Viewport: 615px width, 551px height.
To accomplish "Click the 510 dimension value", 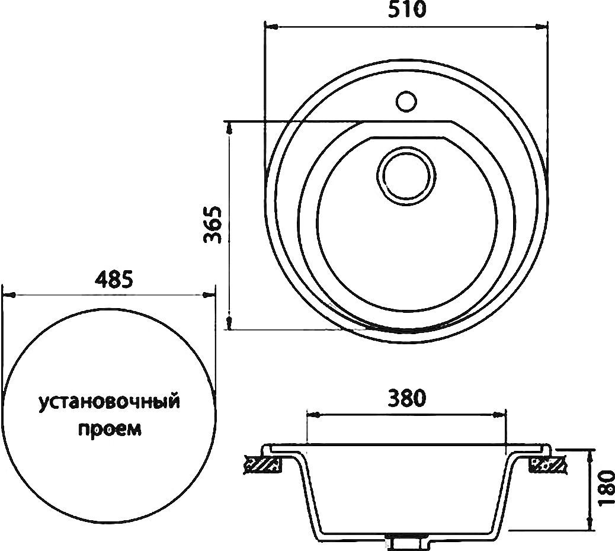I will pos(407,11).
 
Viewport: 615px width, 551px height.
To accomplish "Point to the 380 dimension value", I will pos(406,398).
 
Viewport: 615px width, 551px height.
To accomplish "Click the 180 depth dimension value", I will pos(605,489).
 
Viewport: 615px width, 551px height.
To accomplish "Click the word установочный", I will pos(109,403).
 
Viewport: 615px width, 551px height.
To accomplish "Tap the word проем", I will pos(110,428).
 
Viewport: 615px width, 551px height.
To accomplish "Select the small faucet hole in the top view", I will pos(406,101).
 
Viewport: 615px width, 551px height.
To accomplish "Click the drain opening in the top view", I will pos(406,175).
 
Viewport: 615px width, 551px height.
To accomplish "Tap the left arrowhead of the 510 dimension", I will pos(270,26).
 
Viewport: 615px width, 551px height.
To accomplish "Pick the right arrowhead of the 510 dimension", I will pos(542,26).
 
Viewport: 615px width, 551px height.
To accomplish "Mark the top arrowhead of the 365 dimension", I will pos(229,127).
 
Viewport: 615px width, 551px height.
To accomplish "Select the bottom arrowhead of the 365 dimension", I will pos(229,323).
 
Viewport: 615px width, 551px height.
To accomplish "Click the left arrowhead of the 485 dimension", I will pos(8,294).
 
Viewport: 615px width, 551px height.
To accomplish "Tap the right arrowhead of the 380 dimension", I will pos(501,414).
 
